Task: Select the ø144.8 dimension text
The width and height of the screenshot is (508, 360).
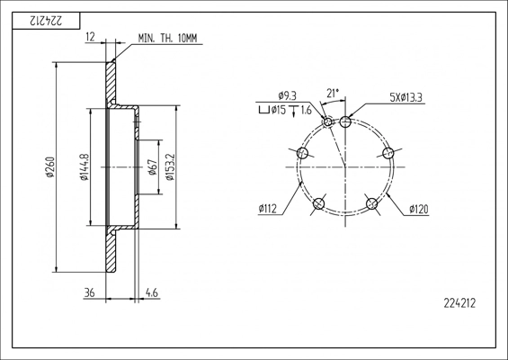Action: (x=85, y=166)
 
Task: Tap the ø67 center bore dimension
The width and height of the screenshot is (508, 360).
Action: (x=152, y=167)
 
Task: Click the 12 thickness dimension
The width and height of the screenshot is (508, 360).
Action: (x=91, y=37)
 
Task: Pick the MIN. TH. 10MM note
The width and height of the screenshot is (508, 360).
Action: (x=167, y=39)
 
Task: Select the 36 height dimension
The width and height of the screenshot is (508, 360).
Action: (x=89, y=292)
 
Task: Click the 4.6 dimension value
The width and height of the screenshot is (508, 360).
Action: (x=152, y=292)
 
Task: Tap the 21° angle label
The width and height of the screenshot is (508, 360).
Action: (x=333, y=94)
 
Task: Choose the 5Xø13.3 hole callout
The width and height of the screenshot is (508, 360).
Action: (x=406, y=97)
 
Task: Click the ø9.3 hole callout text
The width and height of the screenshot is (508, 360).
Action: (x=287, y=96)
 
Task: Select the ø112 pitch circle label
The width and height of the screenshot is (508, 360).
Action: (x=268, y=209)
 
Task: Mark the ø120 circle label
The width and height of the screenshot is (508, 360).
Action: (x=419, y=209)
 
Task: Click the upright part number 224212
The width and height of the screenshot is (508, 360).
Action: (x=459, y=303)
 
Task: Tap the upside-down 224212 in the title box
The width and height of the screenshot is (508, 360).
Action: (x=46, y=22)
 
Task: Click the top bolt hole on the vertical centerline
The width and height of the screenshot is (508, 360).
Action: (x=345, y=122)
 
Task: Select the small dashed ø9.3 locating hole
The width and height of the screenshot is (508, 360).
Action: (x=328, y=122)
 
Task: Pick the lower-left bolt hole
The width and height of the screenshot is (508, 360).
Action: (x=319, y=203)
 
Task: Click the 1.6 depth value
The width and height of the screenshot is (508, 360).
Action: (x=307, y=111)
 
